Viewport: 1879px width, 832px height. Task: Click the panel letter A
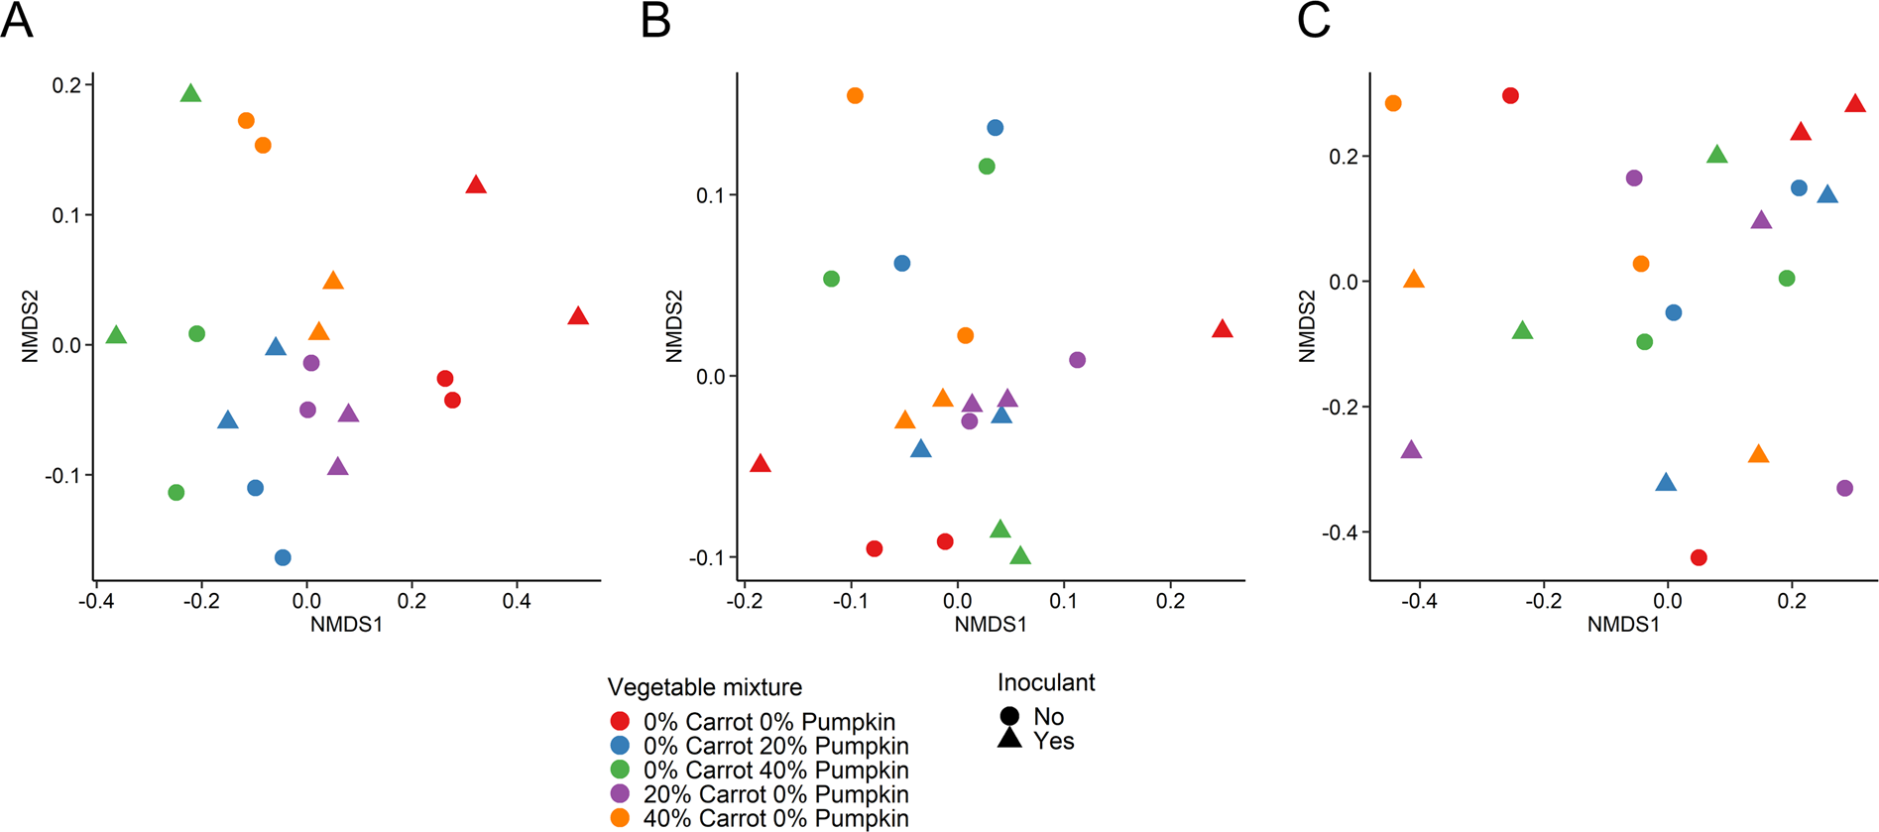pyautogui.click(x=17, y=21)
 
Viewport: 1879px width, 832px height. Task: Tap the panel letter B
pyautogui.click(x=655, y=21)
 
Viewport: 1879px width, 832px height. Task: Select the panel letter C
pyautogui.click(x=1313, y=21)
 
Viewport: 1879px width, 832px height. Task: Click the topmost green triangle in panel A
pyautogui.click(x=191, y=94)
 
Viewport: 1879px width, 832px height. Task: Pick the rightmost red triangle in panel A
pyautogui.click(x=578, y=316)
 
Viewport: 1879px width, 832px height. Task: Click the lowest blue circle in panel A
pyautogui.click(x=283, y=558)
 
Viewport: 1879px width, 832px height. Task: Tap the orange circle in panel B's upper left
pyautogui.click(x=855, y=96)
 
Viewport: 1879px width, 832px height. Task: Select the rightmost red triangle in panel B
pyautogui.click(x=1222, y=329)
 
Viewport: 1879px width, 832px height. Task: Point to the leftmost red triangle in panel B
pyautogui.click(x=761, y=464)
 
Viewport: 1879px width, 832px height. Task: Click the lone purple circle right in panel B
pyautogui.click(x=1078, y=360)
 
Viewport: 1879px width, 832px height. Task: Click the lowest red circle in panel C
pyautogui.click(x=1699, y=558)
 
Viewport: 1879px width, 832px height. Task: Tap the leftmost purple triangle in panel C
pyautogui.click(x=1411, y=450)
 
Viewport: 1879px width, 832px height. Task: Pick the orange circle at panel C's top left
pyautogui.click(x=1393, y=103)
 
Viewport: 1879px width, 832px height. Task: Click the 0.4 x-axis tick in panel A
pyautogui.click(x=517, y=601)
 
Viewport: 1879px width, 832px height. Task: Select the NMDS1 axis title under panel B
pyautogui.click(x=990, y=625)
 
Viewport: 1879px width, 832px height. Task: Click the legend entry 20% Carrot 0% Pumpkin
pyautogui.click(x=775, y=794)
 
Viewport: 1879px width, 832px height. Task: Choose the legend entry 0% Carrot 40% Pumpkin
pyautogui.click(x=775, y=771)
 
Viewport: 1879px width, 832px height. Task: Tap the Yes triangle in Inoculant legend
pyautogui.click(x=1010, y=739)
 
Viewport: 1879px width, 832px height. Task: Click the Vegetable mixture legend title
pyautogui.click(x=704, y=687)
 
